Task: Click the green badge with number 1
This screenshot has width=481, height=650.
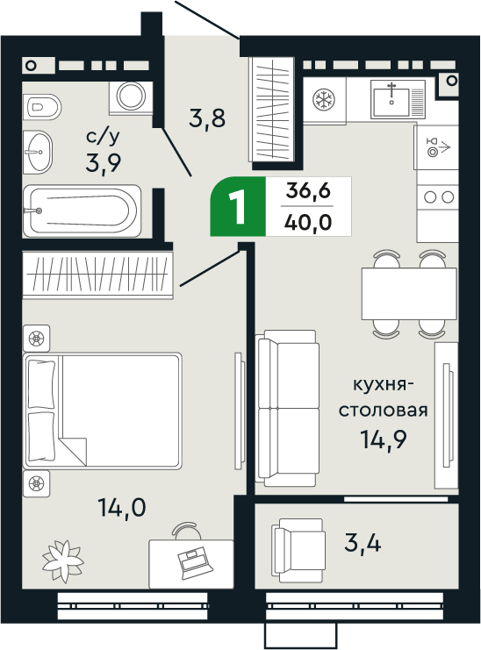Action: [x=236, y=207]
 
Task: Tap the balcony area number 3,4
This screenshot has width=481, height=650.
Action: [x=362, y=544]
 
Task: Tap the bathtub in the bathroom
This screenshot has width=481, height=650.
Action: [x=81, y=211]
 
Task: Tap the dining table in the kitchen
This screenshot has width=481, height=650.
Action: [x=408, y=294]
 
